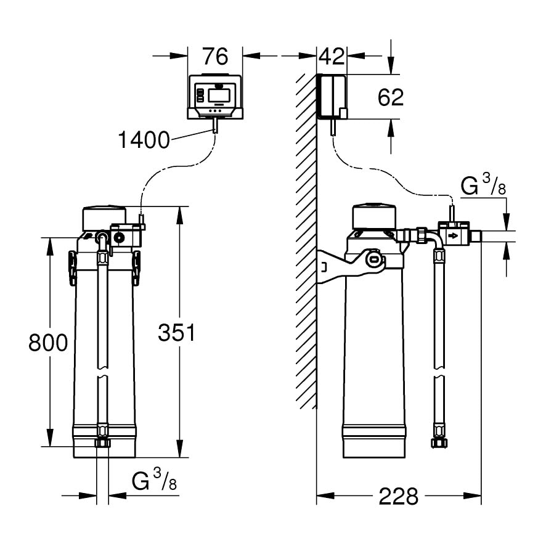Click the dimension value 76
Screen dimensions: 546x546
215,56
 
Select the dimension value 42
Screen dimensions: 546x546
331,56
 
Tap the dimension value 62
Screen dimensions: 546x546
390,97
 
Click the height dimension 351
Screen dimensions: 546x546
176,333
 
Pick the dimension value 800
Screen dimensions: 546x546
48,342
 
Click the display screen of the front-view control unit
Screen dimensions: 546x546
219,96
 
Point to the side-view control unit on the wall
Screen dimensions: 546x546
333,96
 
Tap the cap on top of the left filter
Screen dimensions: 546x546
105,217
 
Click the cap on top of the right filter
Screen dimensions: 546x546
374,214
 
